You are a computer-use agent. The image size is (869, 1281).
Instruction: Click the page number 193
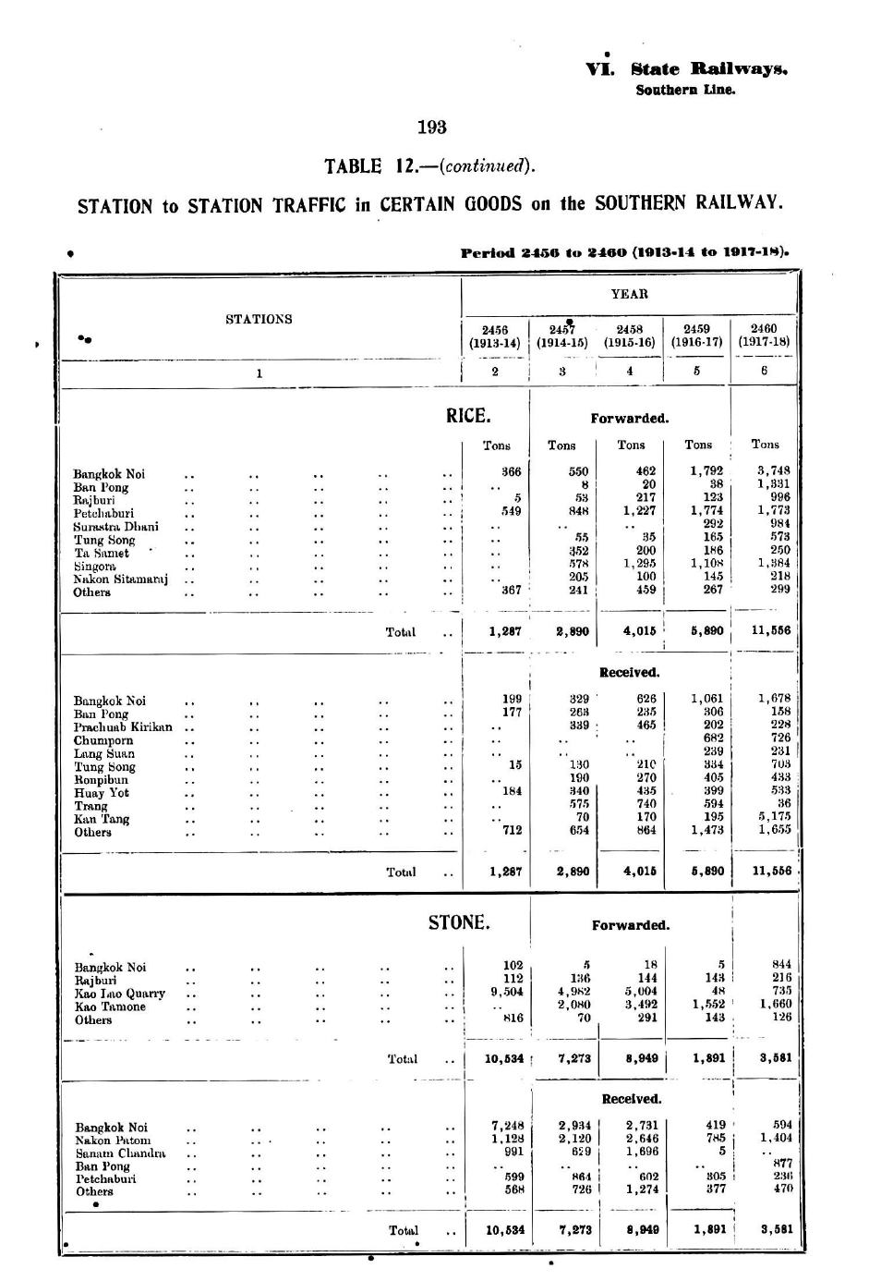pos(432,127)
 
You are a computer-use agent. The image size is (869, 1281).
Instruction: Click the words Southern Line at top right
pos(685,91)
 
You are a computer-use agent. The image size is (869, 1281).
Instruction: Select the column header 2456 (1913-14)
pos(495,335)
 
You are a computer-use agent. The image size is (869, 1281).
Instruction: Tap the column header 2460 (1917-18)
pos(764,335)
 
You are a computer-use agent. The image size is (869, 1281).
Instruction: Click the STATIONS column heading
pos(259,319)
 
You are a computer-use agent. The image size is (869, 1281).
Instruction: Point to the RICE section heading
pos(468,416)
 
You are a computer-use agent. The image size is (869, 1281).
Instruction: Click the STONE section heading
pos(458,922)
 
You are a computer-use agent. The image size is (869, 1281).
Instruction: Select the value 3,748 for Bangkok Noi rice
pos(772,470)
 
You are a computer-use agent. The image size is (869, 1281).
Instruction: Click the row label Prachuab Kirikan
pos(123,726)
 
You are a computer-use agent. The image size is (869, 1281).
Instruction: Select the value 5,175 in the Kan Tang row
pos(772,817)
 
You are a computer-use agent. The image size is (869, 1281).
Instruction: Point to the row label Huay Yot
pos(102,792)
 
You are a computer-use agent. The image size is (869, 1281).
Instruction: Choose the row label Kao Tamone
pos(110,1006)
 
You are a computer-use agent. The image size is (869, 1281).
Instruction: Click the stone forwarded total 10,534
pos(504,1059)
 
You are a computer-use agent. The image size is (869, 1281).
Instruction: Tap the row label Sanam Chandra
pos(120,1153)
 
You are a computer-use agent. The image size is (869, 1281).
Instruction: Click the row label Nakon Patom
pos(113,1140)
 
